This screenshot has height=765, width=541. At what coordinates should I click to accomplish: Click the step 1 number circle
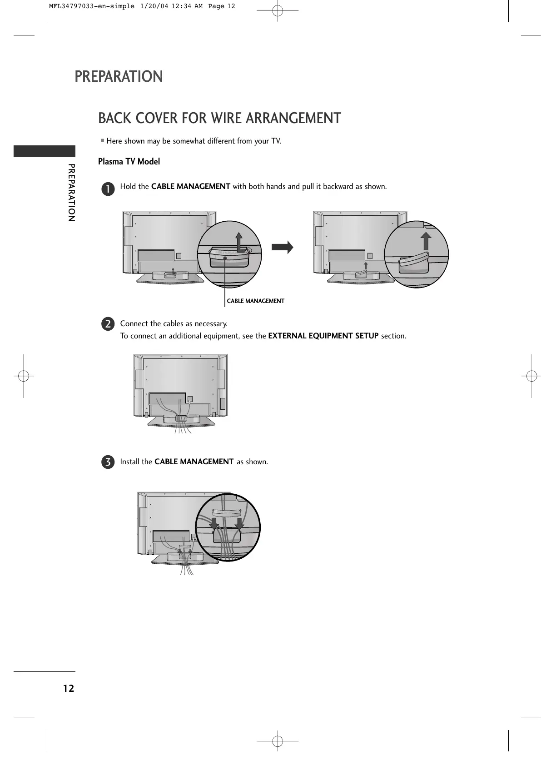click(108, 189)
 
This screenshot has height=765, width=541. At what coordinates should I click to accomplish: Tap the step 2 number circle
click(108, 324)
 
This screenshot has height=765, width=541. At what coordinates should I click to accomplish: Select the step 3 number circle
click(108, 462)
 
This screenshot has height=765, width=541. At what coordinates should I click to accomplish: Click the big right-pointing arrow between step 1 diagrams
click(282, 247)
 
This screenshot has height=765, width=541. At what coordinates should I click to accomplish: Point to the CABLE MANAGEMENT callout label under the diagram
click(255, 301)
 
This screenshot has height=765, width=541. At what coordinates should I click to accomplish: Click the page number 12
click(68, 688)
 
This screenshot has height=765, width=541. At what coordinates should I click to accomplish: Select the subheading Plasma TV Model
click(129, 162)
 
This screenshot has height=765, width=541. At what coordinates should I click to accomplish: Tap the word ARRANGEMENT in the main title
click(293, 118)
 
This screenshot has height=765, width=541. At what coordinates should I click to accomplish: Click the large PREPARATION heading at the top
click(119, 76)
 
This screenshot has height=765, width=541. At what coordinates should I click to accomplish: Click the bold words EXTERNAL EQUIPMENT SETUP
click(323, 336)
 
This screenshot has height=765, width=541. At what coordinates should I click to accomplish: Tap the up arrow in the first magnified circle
click(239, 241)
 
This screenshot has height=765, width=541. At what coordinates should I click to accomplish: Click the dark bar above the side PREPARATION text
click(44, 151)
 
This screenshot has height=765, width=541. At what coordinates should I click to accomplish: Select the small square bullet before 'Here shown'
click(103, 141)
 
